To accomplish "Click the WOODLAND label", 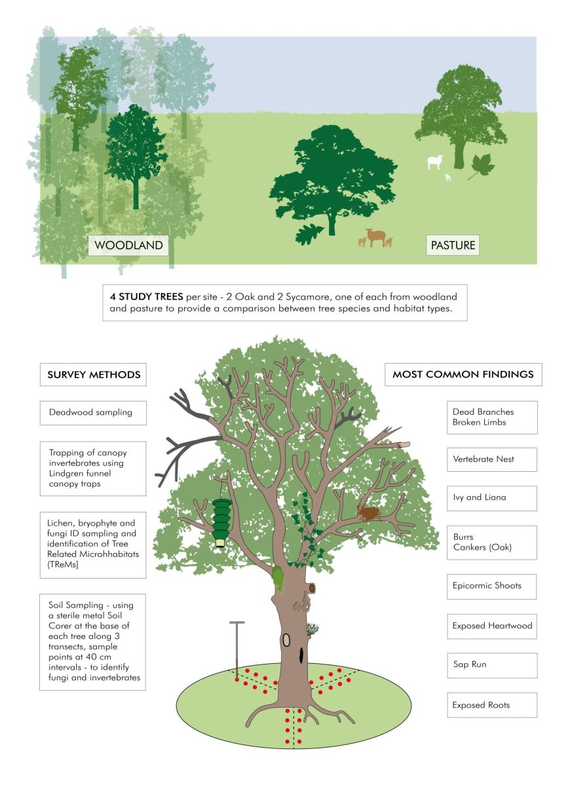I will point(128,246).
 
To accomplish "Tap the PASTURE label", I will point(452,246).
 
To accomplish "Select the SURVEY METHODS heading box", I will point(93,375).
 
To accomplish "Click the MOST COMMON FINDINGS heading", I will point(463,375).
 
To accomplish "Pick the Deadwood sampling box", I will point(93,413).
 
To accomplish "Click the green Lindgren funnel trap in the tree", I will point(223,520).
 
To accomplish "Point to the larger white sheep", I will point(435,161).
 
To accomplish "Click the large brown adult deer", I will point(375,236).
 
